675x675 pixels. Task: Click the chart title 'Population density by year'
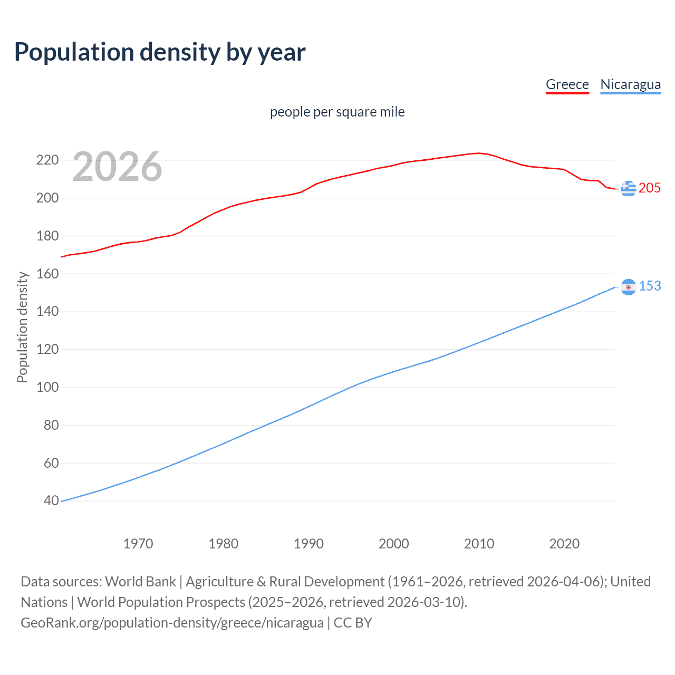click(160, 52)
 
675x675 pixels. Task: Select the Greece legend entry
click(567, 84)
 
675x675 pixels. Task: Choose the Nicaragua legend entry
click(630, 84)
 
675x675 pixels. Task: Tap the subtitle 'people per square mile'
click(337, 112)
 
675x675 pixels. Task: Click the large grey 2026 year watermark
click(117, 167)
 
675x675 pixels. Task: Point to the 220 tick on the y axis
click(47, 160)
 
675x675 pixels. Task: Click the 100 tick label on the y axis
click(47, 387)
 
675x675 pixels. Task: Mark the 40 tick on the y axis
click(51, 500)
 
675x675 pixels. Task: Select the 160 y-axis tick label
click(47, 274)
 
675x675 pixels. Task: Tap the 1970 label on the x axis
click(138, 544)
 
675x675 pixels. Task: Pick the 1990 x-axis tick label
click(308, 544)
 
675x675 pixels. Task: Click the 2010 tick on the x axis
click(479, 544)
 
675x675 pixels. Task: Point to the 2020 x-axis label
click(564, 544)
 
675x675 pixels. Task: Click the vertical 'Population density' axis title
click(22, 327)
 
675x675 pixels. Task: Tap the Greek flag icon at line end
click(628, 188)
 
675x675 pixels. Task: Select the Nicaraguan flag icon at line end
click(628, 287)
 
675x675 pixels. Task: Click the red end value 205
click(650, 188)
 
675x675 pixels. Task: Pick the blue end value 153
click(650, 286)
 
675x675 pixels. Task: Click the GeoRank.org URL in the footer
click(172, 623)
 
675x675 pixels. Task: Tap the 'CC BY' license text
click(353, 623)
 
